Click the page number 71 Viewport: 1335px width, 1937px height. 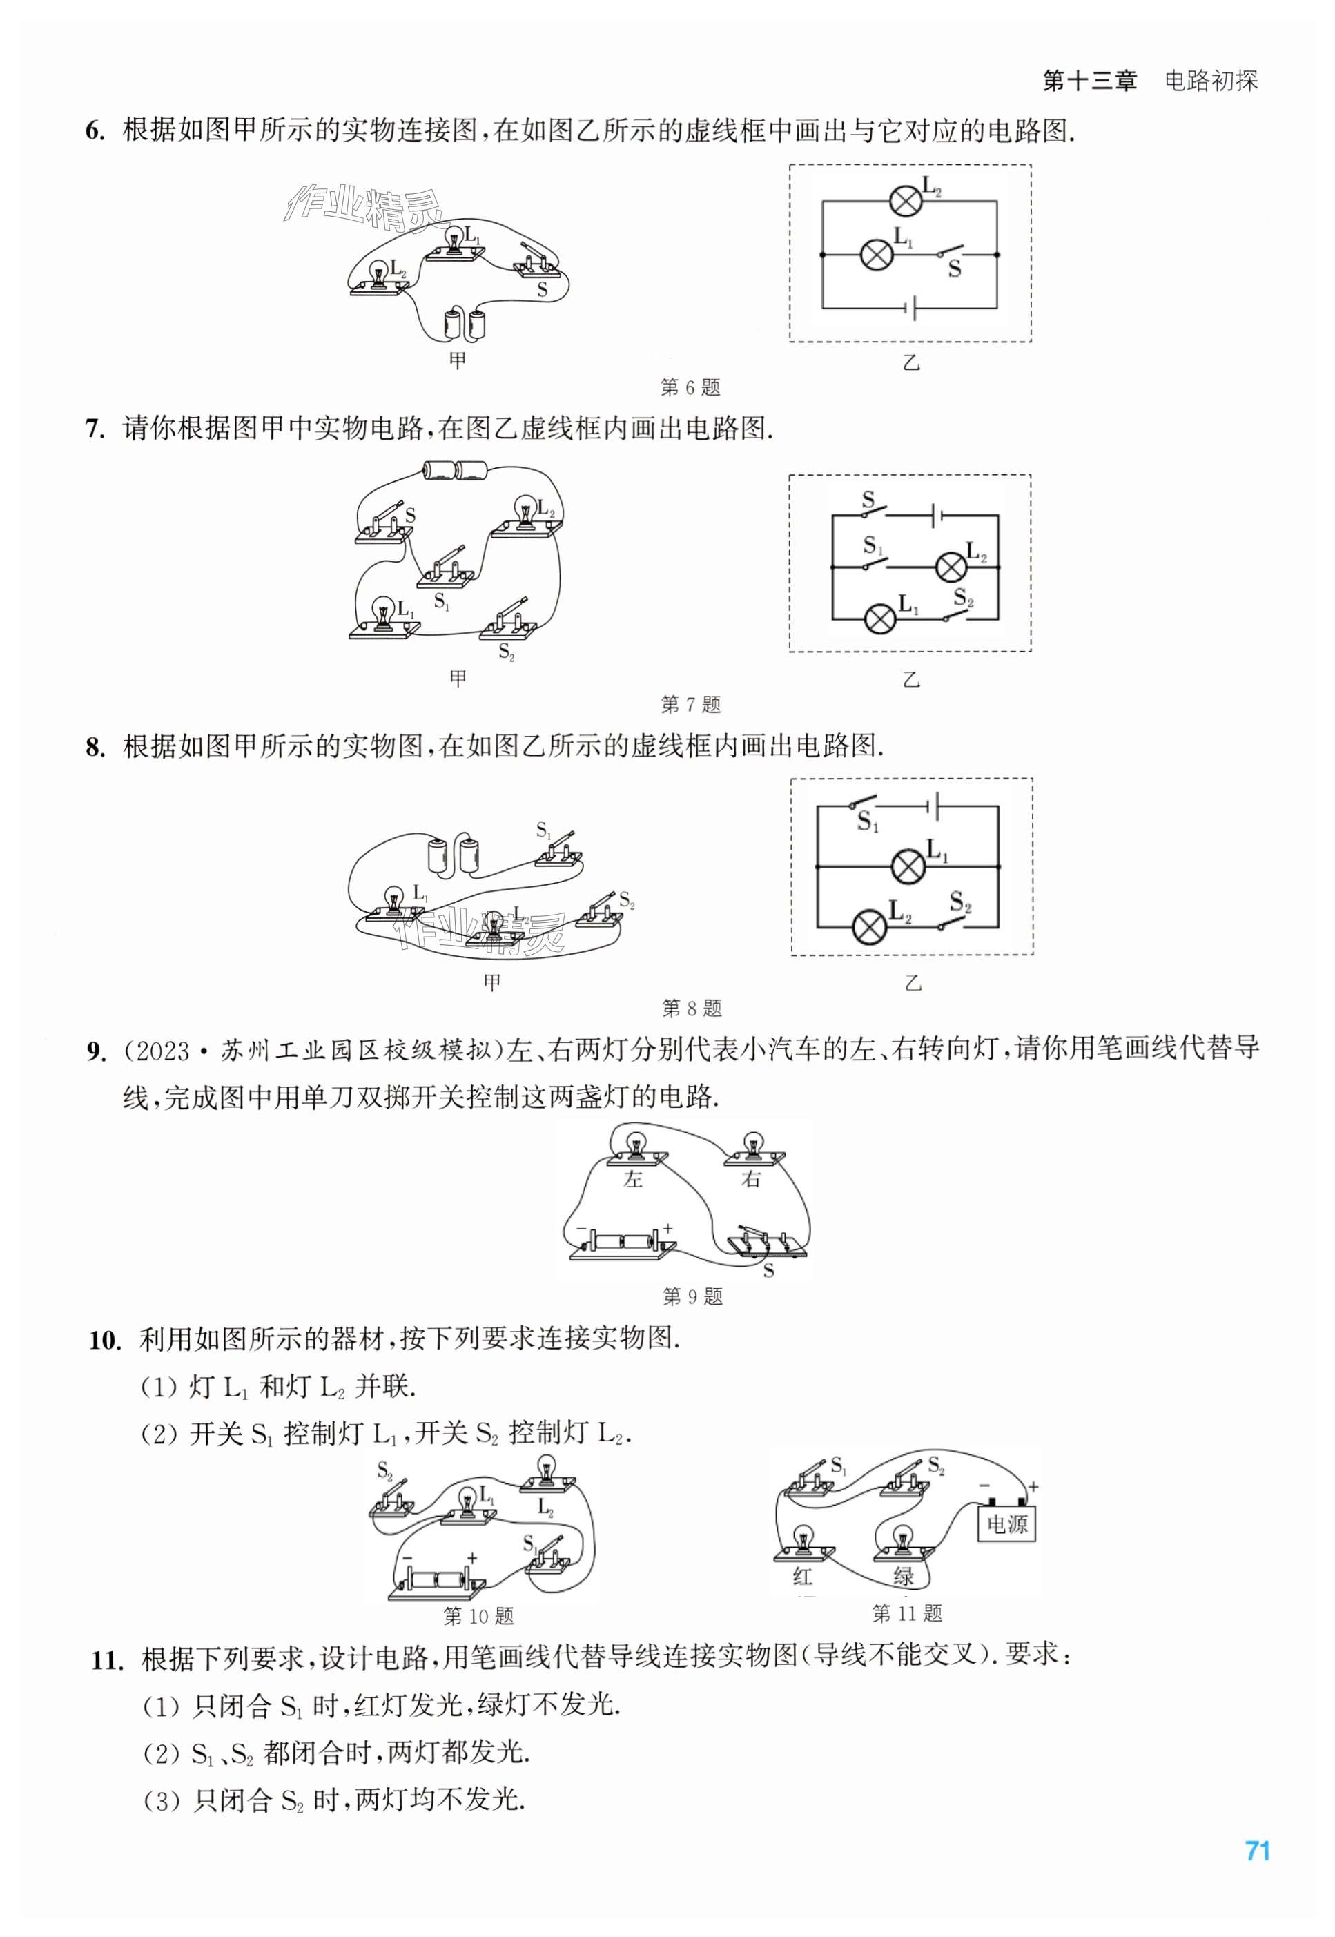1257,1850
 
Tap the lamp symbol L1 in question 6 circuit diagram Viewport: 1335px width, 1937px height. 877,253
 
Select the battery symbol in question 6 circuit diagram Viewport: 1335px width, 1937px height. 912,307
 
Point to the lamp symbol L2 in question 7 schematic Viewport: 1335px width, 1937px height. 951,567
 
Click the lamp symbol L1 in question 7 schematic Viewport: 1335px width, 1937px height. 879,619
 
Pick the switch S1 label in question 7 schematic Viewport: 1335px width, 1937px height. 873,545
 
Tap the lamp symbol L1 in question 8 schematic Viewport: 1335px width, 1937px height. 908,866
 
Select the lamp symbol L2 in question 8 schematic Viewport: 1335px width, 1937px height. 868,926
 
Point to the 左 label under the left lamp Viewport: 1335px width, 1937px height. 633,1179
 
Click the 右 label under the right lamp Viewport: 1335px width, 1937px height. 751,1179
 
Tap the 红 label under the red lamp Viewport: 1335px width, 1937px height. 802,1576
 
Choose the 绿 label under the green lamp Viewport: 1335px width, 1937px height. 904,1576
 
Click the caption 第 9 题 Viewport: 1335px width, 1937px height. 692,1296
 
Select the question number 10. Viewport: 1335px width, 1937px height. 106,1340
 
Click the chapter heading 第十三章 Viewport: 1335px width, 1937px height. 1089,81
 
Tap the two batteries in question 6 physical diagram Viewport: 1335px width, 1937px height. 465,324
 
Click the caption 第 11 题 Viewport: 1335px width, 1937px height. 907,1613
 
